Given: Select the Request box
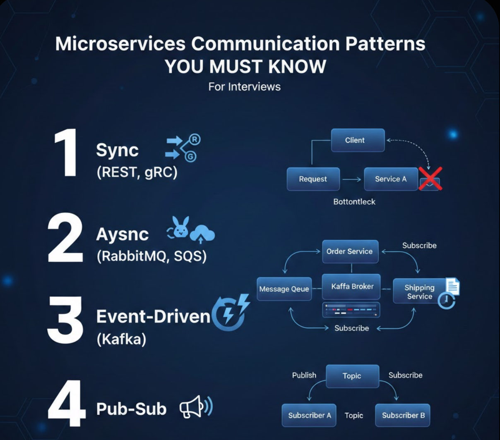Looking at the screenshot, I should pos(313,179).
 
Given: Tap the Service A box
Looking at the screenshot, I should pos(391,179).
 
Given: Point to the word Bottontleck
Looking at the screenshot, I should pos(354,202).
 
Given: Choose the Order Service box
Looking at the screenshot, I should pos(350,251).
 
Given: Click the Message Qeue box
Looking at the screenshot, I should pos(284,289).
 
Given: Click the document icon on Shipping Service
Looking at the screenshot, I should pos(452,286).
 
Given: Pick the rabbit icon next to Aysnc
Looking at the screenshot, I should pos(180,227).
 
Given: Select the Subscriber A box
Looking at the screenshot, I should pos(309,415).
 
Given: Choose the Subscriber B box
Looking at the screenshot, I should pos(403,415).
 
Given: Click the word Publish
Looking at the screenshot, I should pos(304,375).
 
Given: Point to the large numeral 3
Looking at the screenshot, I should pos(66,319).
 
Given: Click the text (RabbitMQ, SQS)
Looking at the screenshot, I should pos(151,256).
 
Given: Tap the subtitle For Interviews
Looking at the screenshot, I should pos(244,87).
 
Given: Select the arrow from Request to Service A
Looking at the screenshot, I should pos(352,179).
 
